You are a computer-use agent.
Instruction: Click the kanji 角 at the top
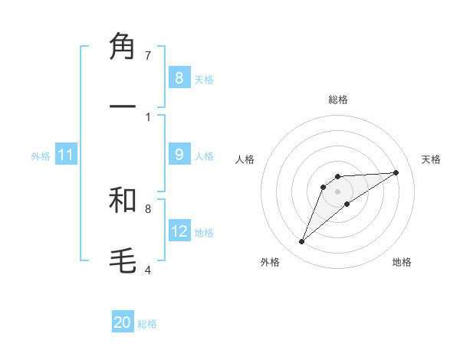click(x=123, y=47)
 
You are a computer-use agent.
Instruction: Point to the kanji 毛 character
click(x=123, y=259)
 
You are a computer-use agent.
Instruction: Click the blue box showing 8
click(x=179, y=77)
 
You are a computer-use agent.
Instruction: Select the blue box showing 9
click(x=179, y=155)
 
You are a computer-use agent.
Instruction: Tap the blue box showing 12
click(x=179, y=231)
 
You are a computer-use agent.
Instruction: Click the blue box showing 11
click(x=66, y=155)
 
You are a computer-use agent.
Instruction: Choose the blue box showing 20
click(x=123, y=322)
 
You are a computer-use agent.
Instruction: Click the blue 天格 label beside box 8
click(x=204, y=79)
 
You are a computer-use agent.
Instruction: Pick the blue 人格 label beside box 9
click(x=204, y=156)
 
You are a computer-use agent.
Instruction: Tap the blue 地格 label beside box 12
click(x=204, y=233)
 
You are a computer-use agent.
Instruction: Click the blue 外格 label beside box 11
click(x=41, y=156)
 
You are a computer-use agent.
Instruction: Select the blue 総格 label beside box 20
click(x=147, y=324)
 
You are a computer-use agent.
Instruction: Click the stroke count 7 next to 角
click(x=148, y=55)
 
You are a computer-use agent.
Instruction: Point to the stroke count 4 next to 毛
click(x=148, y=269)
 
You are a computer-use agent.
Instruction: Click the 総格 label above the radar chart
click(x=338, y=100)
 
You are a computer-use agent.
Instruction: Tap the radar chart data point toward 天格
click(x=396, y=172)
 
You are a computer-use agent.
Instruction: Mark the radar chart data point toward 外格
click(x=302, y=242)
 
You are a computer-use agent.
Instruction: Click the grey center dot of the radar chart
click(x=338, y=191)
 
